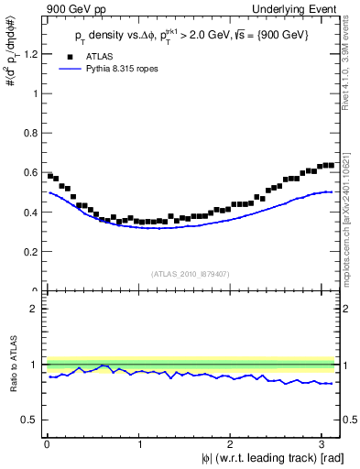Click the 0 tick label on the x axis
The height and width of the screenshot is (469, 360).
[x=47, y=444]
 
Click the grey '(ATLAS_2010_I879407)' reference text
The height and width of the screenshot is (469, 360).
[x=191, y=274]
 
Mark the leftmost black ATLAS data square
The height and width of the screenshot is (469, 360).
[x=50, y=175]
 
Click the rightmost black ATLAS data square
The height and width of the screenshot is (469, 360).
[x=331, y=165]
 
